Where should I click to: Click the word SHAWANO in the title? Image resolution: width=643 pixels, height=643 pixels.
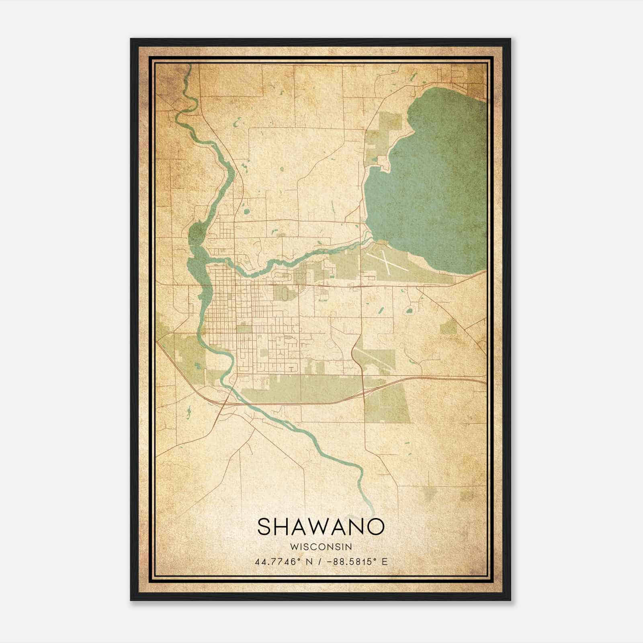click(321, 526)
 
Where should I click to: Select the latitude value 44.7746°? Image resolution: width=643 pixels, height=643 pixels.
click(278, 562)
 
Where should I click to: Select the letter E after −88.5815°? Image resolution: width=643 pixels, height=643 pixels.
click(385, 562)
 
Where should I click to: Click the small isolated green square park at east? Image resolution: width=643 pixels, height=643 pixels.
click(448, 328)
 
